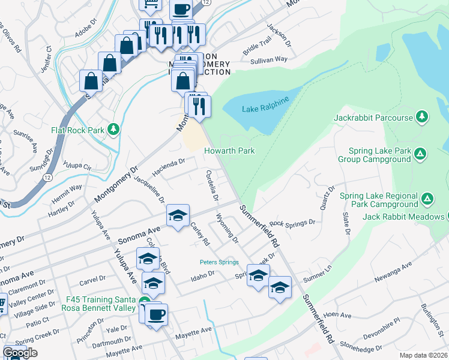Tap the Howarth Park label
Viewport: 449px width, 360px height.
[230, 151]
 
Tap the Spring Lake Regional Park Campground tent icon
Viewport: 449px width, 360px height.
[427, 198]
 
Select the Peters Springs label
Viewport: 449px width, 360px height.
[219, 262]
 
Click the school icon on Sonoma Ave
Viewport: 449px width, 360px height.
[178, 216]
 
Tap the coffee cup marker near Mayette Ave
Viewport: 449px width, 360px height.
[156, 315]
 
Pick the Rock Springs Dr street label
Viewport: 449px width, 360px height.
[292, 223]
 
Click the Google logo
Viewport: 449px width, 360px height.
[20, 353]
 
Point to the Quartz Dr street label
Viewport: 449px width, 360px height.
[327, 197]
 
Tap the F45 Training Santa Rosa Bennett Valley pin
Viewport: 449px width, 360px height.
[145, 301]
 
